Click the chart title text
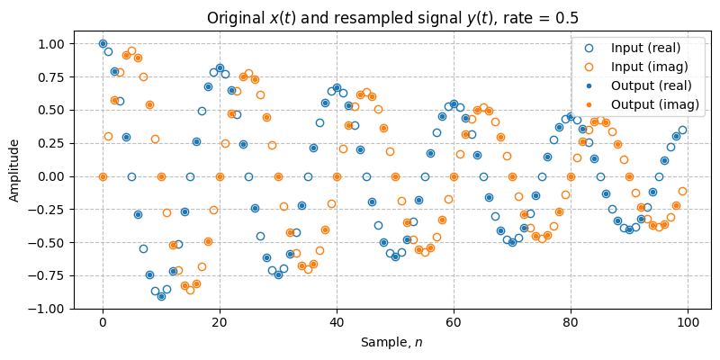pos(392,18)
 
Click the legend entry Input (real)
pos(645,48)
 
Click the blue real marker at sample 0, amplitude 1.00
pos(103,43)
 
